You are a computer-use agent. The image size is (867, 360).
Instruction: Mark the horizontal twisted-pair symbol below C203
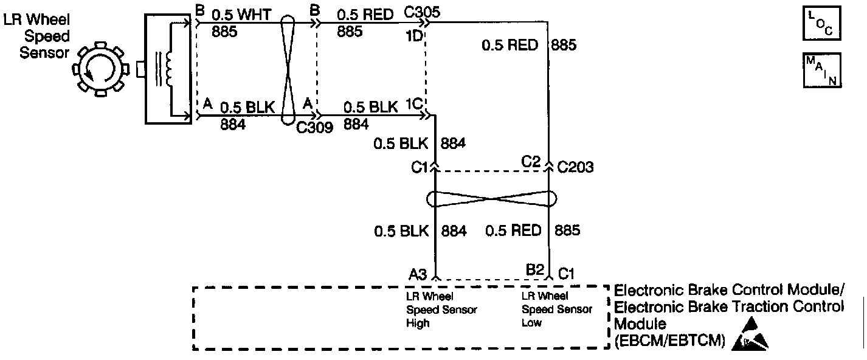[492, 199]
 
